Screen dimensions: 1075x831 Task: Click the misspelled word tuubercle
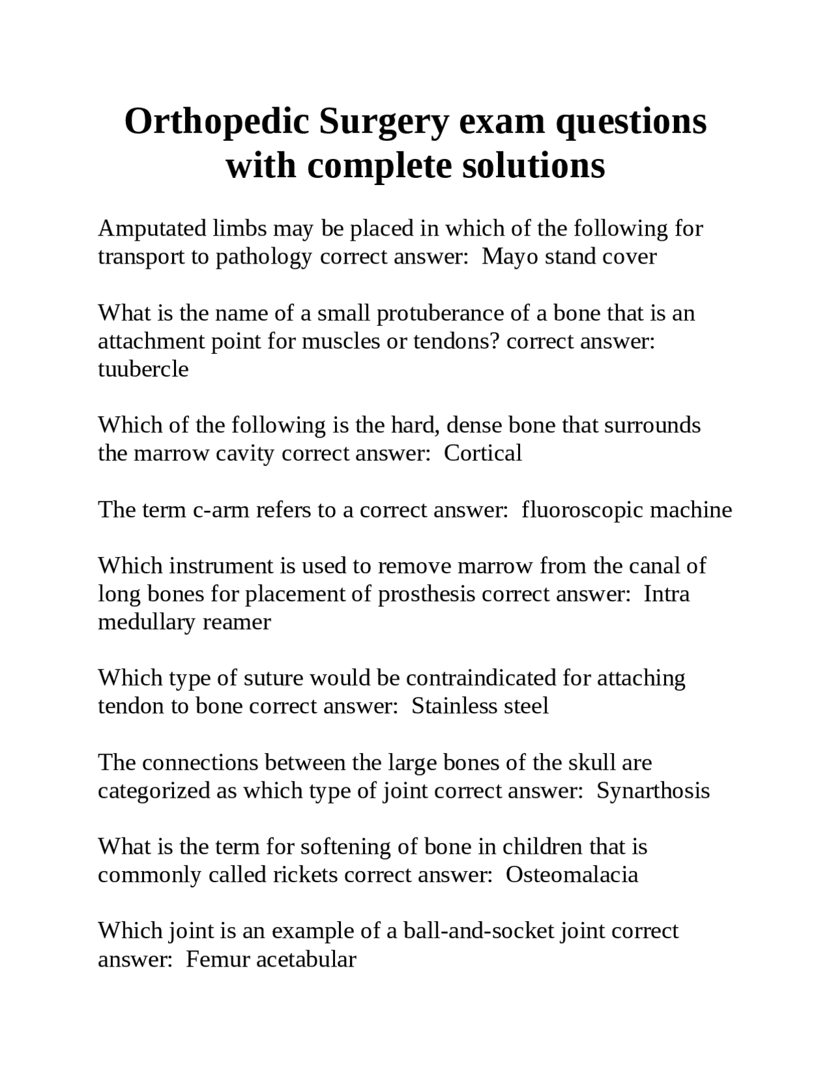coord(143,369)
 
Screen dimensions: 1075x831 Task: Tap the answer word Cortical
coord(482,453)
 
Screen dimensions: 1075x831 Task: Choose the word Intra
coord(666,594)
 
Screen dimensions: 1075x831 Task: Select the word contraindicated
coord(481,678)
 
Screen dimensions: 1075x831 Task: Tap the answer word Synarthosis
coord(652,791)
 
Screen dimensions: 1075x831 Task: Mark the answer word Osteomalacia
coord(572,875)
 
